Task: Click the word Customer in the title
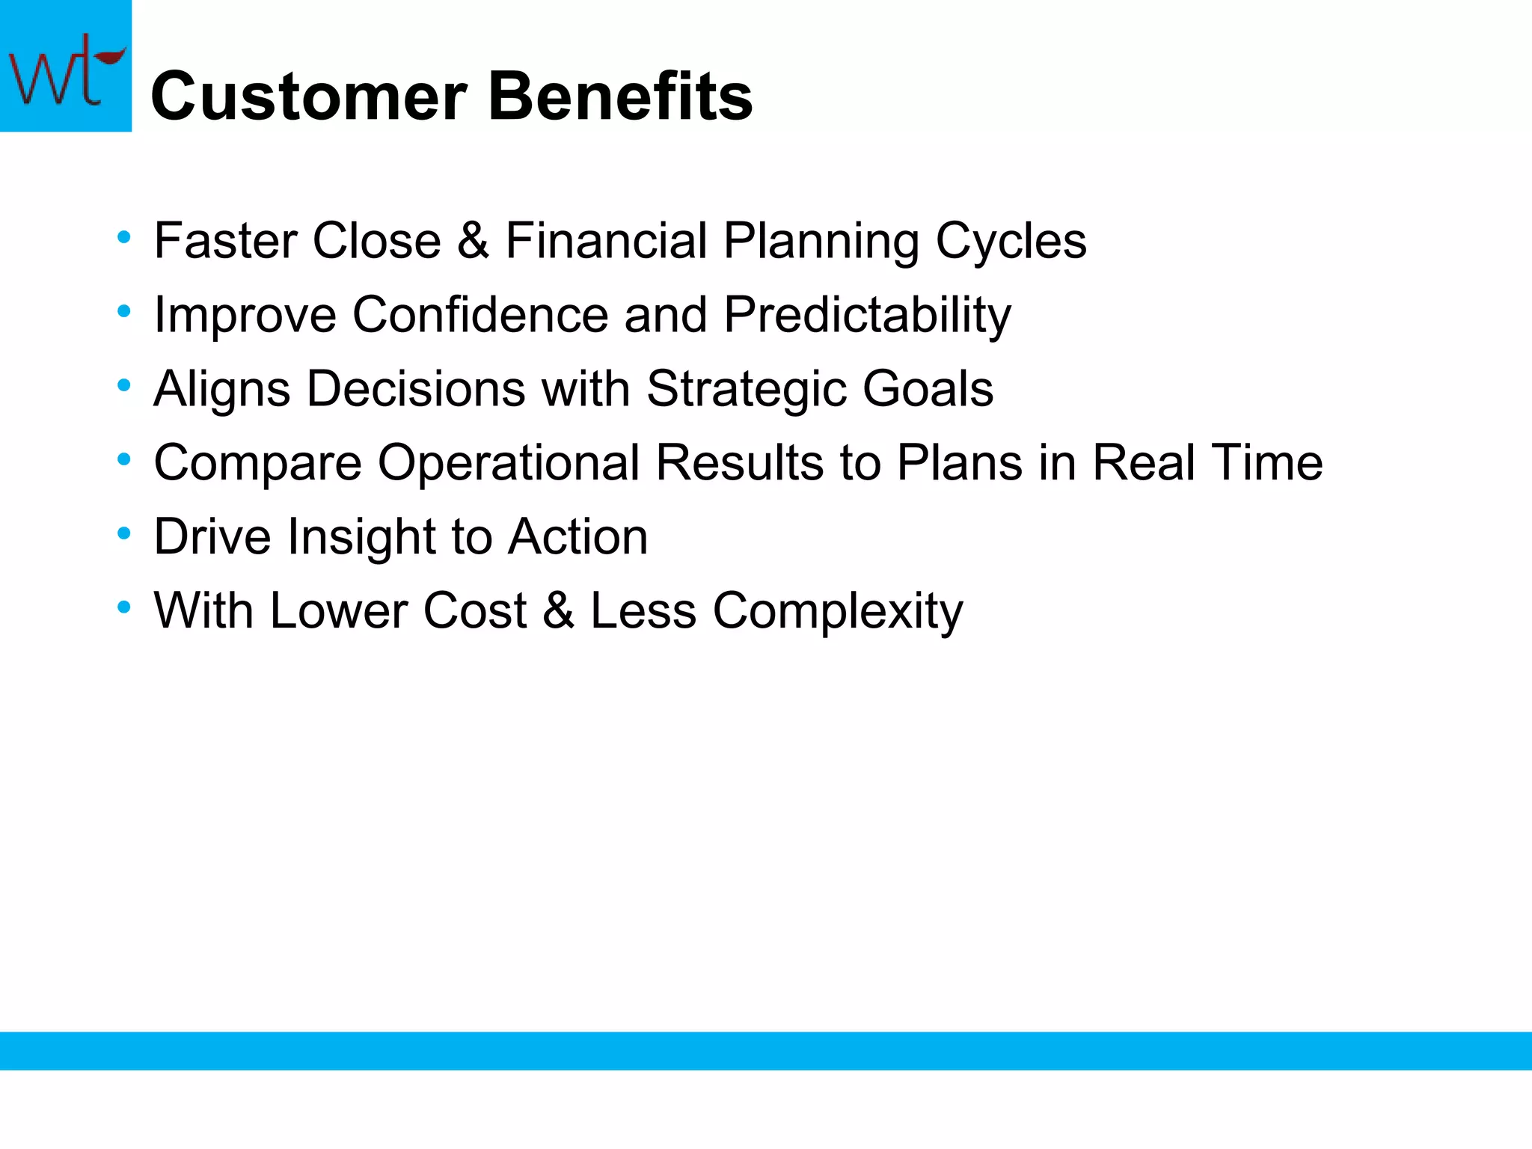tap(309, 96)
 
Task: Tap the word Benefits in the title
tap(620, 96)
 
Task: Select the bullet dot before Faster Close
tap(124, 238)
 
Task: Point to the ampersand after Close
tap(473, 241)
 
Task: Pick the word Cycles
tap(1011, 241)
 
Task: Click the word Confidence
tap(480, 315)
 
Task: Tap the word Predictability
tap(867, 315)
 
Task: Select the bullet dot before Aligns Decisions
tap(124, 386)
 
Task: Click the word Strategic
tap(746, 389)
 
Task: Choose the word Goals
tap(928, 389)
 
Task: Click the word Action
tap(577, 537)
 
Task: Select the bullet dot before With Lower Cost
tap(124, 607)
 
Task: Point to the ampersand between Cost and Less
tap(558, 610)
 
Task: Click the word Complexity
tap(837, 610)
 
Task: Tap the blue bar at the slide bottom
tap(766, 1050)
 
